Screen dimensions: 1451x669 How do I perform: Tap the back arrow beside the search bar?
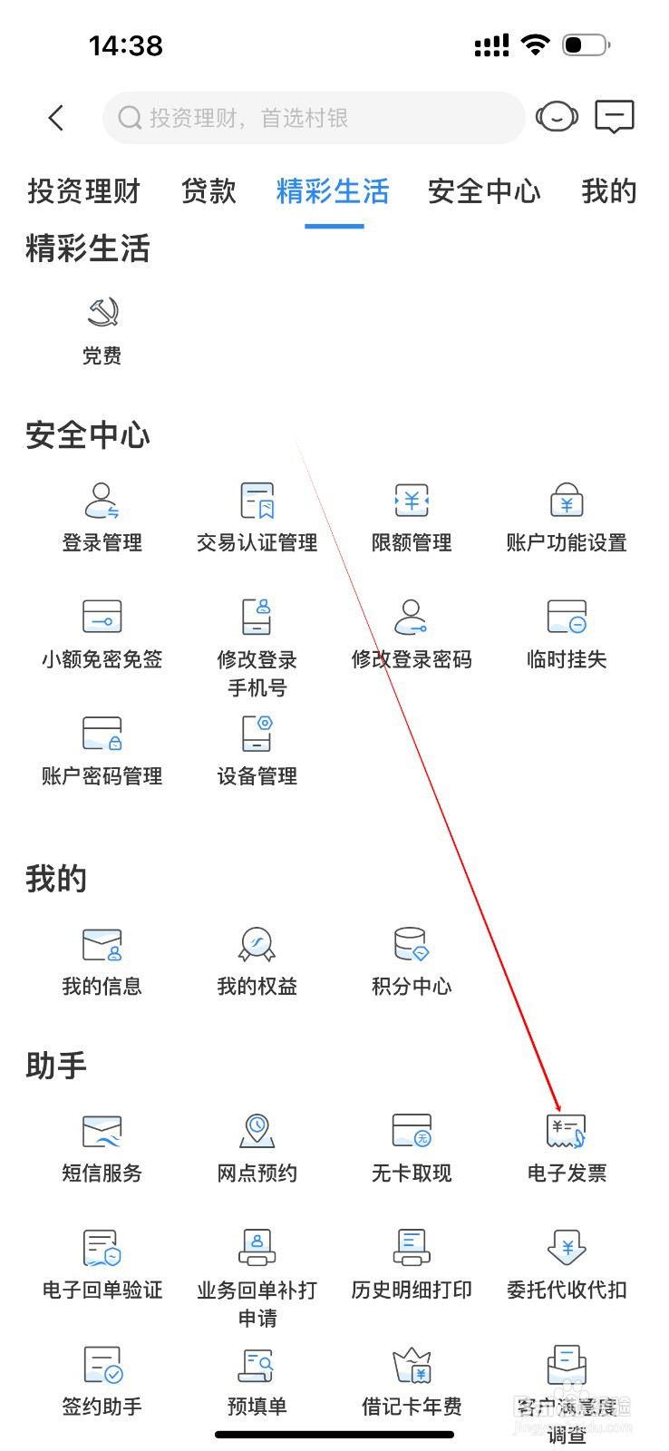pyautogui.click(x=56, y=118)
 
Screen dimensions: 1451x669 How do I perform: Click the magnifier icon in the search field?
pyautogui.click(x=130, y=118)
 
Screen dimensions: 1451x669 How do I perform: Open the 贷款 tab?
pyautogui.click(x=208, y=191)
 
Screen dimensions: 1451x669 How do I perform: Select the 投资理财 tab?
pyautogui.click(x=83, y=191)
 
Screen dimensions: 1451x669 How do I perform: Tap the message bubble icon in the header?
pyautogui.click(x=614, y=117)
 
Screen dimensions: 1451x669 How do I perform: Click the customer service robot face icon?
pyautogui.click(x=556, y=117)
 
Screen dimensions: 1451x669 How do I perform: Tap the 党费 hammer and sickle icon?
pyautogui.click(x=102, y=313)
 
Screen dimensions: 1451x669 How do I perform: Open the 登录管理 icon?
pyautogui.click(x=102, y=500)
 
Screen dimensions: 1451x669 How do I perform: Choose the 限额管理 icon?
pyautogui.click(x=412, y=500)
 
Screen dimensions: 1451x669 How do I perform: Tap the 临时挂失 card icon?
pyautogui.click(x=567, y=617)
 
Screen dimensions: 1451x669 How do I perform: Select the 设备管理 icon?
pyautogui.click(x=257, y=734)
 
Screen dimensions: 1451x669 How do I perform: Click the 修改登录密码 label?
pyautogui.click(x=412, y=659)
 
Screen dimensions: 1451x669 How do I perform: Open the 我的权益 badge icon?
pyautogui.click(x=257, y=944)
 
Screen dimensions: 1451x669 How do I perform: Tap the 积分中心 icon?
pyautogui.click(x=412, y=944)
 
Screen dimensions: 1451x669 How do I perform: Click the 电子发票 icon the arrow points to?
pyautogui.click(x=567, y=1131)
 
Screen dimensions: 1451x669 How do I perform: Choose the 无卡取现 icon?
pyautogui.click(x=412, y=1131)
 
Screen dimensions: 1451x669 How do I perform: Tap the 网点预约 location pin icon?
pyautogui.click(x=257, y=1130)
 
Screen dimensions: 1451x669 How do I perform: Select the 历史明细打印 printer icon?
pyautogui.click(x=412, y=1247)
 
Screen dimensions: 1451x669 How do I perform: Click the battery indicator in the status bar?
pyautogui.click(x=586, y=44)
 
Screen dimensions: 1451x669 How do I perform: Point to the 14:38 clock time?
pyautogui.click(x=126, y=45)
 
